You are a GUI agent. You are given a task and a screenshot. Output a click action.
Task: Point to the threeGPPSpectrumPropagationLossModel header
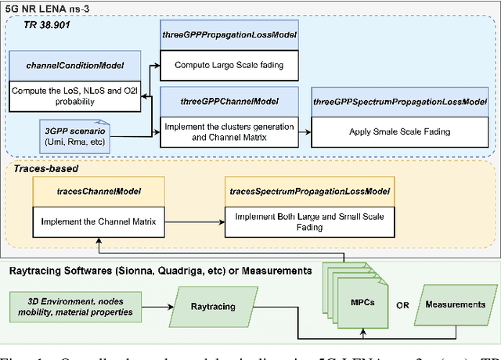399,101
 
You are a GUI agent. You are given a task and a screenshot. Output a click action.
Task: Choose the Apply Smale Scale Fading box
399,131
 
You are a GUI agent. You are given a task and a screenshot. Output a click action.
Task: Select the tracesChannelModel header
99,190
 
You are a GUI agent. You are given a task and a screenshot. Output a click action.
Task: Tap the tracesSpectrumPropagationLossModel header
310,190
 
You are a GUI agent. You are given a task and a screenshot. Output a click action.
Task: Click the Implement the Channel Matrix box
99,221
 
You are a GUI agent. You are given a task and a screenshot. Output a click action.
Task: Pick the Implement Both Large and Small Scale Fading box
310,221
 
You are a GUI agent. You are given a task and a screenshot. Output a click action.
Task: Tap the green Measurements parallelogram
455,304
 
